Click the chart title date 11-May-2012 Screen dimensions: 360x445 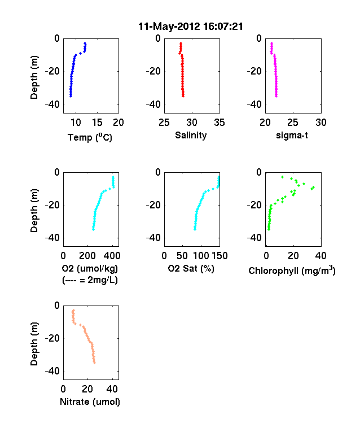click(169, 27)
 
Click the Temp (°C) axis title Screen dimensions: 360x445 click(90, 137)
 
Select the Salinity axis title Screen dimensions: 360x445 click(191, 135)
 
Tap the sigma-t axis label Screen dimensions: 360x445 click(292, 136)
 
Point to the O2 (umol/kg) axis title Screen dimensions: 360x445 click(90, 268)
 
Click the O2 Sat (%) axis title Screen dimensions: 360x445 click(191, 268)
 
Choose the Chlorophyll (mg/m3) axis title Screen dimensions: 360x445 click(292, 270)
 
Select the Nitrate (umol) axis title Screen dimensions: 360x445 click(90, 402)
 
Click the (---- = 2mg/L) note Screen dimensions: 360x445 click(90, 280)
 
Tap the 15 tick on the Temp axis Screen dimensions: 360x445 click(97, 123)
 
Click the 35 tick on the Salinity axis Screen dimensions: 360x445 click(219, 123)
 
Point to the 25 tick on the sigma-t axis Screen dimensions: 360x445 click(293, 123)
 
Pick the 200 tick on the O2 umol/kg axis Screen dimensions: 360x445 click(87, 256)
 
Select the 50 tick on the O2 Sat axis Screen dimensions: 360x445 click(182, 256)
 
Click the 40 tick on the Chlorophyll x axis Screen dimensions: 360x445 click(321, 256)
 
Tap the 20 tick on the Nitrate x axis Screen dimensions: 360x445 click(87, 389)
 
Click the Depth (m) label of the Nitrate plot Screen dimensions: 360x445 click(34, 344)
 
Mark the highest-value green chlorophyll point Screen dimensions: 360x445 click(313, 187)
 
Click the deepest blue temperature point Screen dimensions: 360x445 click(71, 96)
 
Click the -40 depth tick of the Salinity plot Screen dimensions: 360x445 click(153, 104)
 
